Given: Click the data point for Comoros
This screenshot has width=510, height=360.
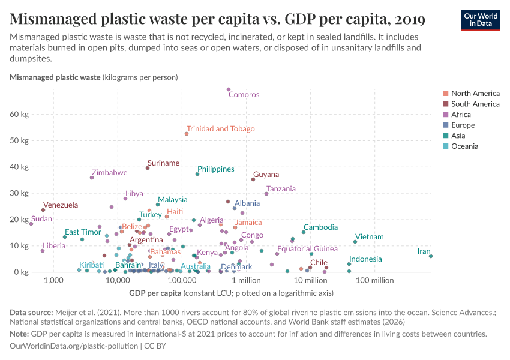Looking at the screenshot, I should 229,89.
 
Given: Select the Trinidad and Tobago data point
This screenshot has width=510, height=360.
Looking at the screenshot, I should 187,134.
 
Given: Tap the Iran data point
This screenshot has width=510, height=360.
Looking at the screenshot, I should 431,256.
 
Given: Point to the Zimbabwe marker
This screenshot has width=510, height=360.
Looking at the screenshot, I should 92,178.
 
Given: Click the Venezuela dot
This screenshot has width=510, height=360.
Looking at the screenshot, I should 43,210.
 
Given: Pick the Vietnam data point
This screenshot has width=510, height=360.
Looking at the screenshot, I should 355,242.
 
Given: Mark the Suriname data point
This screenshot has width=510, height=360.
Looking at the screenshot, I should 148,168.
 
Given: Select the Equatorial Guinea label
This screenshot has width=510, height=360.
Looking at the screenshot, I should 307,249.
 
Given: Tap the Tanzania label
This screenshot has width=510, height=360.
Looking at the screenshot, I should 281,189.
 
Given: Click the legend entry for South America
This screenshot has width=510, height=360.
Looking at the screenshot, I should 475,104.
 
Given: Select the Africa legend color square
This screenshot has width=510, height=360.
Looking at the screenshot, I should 445,115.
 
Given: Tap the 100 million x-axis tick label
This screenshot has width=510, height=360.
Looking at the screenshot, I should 374,280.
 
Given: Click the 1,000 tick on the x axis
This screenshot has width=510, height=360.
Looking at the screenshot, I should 53,280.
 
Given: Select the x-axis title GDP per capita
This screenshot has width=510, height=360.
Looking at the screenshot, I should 155,293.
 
